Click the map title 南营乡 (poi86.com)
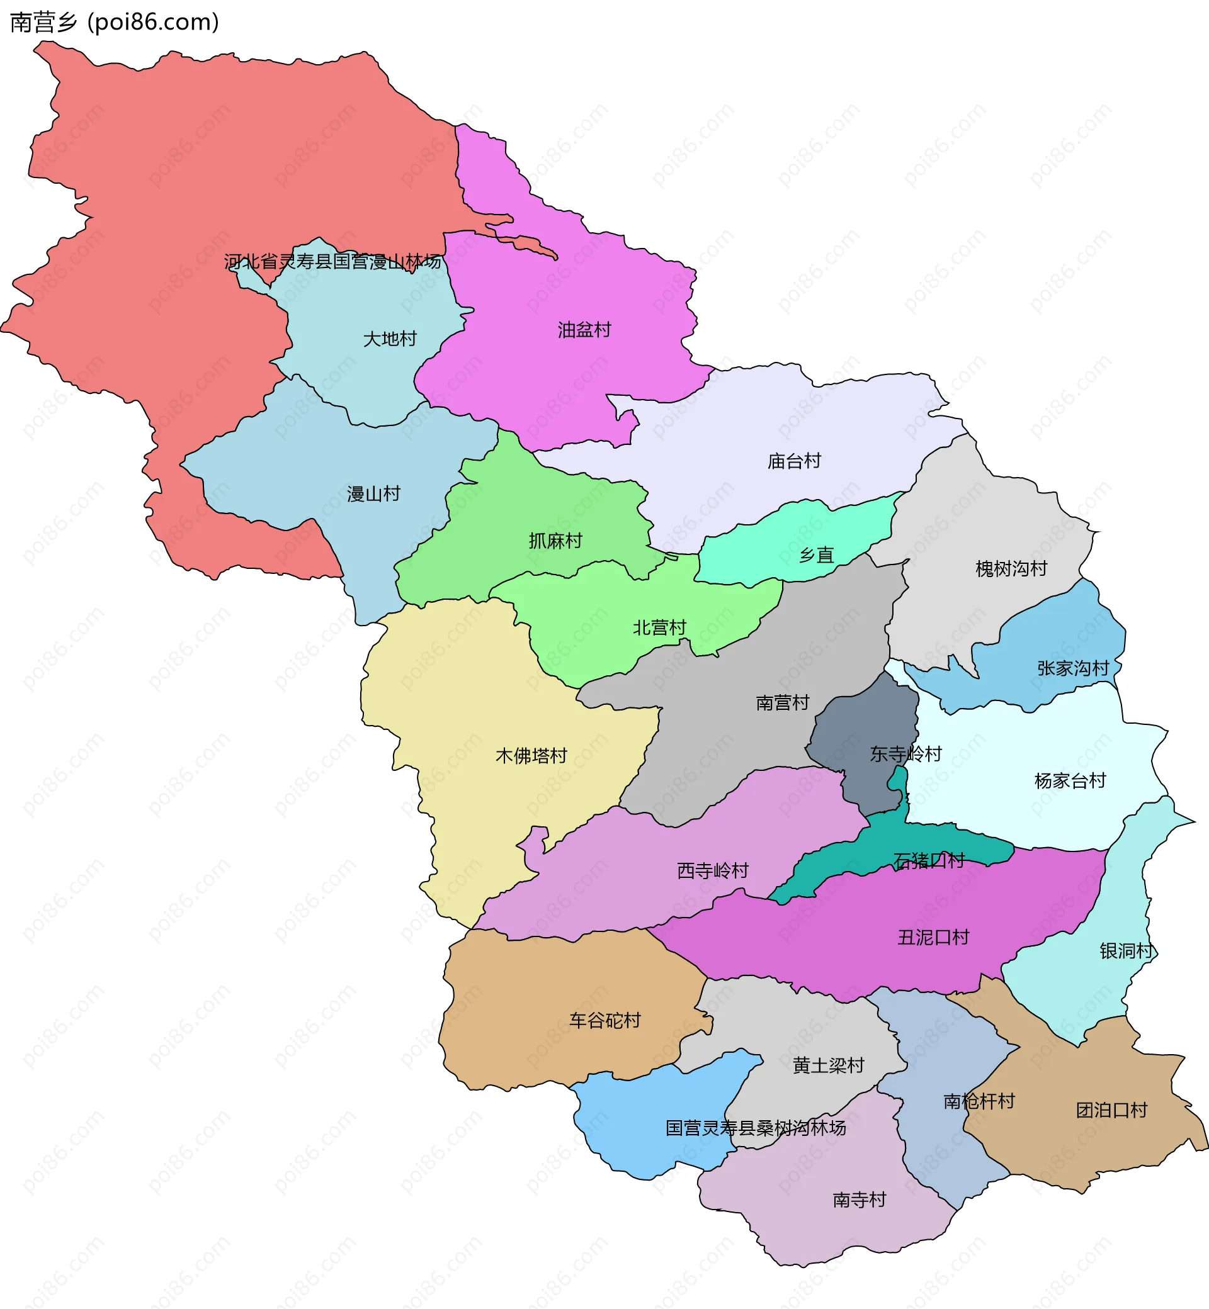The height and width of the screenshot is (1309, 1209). pos(115,22)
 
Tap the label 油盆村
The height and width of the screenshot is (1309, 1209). pos(584,330)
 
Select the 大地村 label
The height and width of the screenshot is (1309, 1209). pos(390,339)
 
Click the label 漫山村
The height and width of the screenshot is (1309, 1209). pos(373,493)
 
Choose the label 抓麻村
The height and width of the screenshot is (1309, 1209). pos(555,541)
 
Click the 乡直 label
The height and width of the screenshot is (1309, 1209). pos(817,555)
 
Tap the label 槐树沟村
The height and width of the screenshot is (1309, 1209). pos(1011,568)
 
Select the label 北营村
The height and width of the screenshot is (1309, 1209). pos(659,627)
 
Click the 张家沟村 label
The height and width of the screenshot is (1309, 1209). pos(1073,668)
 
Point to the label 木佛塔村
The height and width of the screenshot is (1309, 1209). pos(531,756)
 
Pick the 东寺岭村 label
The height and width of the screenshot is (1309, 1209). pos(905,754)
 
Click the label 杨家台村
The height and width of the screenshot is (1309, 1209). pos(1070,781)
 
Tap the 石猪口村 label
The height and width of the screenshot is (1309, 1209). pos(928,860)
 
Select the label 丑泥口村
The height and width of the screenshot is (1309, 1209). pos(933,938)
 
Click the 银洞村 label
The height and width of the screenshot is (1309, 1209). pos(1126,951)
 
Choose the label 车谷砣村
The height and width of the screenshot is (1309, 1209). pos(604,1021)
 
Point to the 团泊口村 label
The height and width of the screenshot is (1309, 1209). pos(1111,1110)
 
